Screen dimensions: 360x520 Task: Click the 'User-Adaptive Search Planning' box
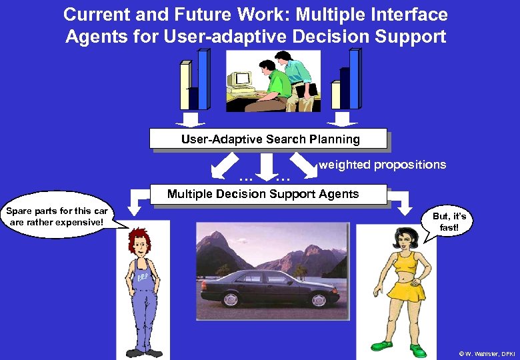tap(268, 139)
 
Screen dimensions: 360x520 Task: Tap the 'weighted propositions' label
tap(383, 165)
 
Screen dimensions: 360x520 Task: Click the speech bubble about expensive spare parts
tap(57, 217)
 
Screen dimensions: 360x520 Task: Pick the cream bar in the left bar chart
tap(185, 85)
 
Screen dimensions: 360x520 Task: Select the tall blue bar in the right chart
tap(354, 79)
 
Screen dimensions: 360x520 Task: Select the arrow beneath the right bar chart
tap(343, 119)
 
